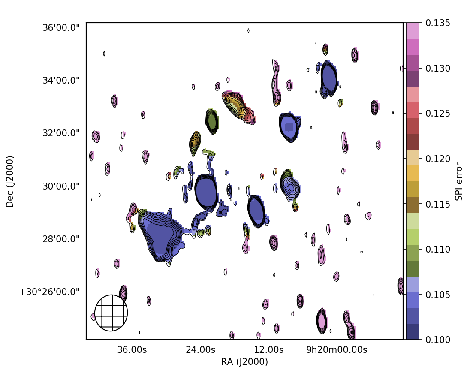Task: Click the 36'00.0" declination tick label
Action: [x=61, y=27]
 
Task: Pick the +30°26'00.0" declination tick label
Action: [x=49, y=292]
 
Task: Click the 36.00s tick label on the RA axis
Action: [x=132, y=350]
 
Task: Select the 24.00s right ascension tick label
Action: [x=200, y=350]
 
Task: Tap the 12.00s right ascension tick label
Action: [x=269, y=350]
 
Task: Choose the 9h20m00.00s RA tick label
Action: [x=337, y=350]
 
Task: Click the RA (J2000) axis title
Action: [x=244, y=362]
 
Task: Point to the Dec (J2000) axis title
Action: [x=10, y=181]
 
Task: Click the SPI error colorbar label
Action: [x=459, y=181]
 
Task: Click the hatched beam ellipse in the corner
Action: [x=111, y=313]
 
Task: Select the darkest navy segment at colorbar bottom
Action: [x=413, y=332]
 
